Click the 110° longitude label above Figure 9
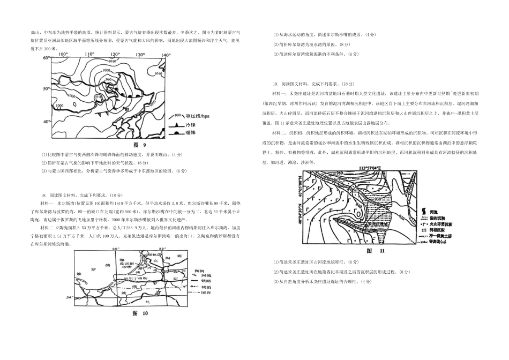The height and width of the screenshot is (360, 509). [88, 55]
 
